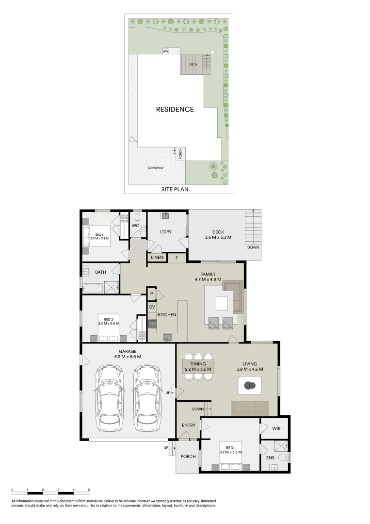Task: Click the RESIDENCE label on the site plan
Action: pos(175,109)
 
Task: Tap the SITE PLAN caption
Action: pos(175,189)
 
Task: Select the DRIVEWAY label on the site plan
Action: pos(156,168)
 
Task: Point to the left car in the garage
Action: pos(110,397)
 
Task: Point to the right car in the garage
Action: pos(146,397)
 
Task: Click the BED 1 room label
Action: pos(230,449)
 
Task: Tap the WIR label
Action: pos(276,428)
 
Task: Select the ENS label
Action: pos(270,457)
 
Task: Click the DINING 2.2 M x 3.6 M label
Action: pos(198,366)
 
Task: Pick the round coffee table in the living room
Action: pos(250,386)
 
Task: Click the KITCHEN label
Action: pos(167,315)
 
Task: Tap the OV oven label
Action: pos(152,307)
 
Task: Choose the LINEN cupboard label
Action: pos(157,257)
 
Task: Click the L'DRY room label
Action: pos(166,232)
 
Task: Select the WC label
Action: pos(135,226)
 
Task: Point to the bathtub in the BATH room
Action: pos(93,289)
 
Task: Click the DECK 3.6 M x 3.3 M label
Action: pos(218,234)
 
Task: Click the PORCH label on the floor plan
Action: pos(188,457)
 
